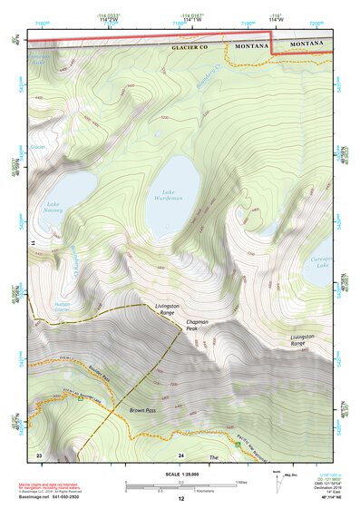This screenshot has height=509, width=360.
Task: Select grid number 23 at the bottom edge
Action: click(x=39, y=454)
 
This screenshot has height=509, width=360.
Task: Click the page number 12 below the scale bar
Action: click(x=180, y=499)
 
